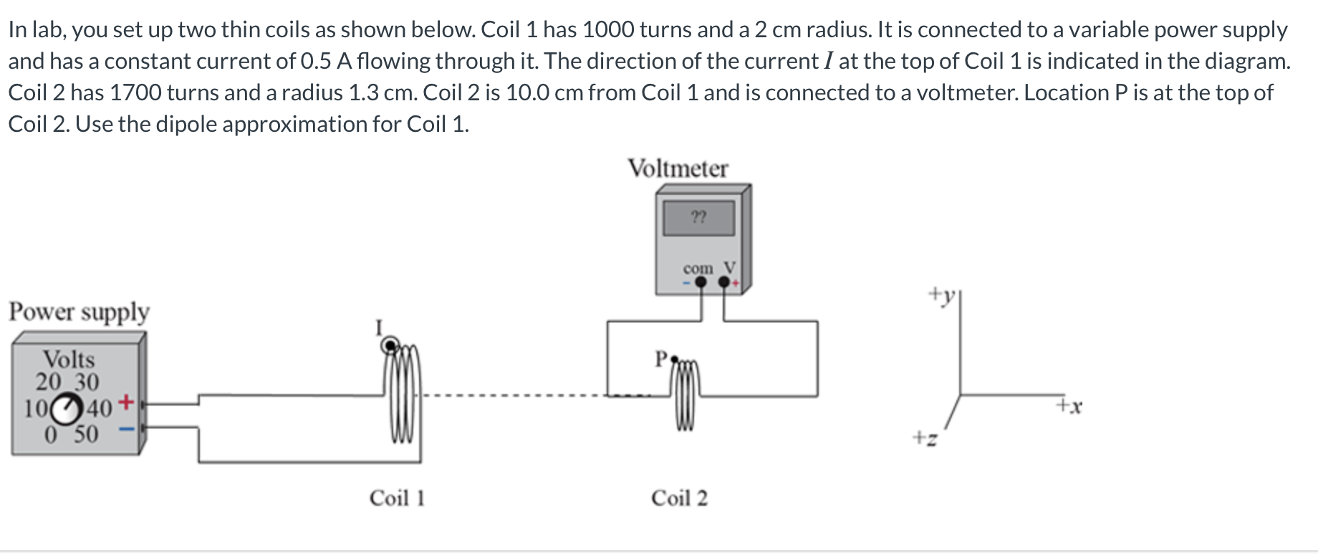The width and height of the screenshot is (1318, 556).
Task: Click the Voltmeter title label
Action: (x=678, y=168)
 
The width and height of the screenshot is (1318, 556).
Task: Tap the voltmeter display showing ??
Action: (x=699, y=217)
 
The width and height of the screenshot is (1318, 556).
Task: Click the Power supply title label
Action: (x=79, y=312)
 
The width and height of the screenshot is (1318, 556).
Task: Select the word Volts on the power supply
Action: (x=69, y=359)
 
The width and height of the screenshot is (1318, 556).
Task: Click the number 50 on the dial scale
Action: (x=86, y=434)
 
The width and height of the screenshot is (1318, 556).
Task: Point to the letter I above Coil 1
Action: (x=380, y=328)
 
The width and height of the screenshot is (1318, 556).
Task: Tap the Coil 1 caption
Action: (x=397, y=498)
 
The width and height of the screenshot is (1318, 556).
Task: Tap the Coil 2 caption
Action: (x=679, y=498)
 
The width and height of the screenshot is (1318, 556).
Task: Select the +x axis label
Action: (x=1069, y=406)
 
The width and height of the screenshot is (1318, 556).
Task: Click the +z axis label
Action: (x=925, y=436)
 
